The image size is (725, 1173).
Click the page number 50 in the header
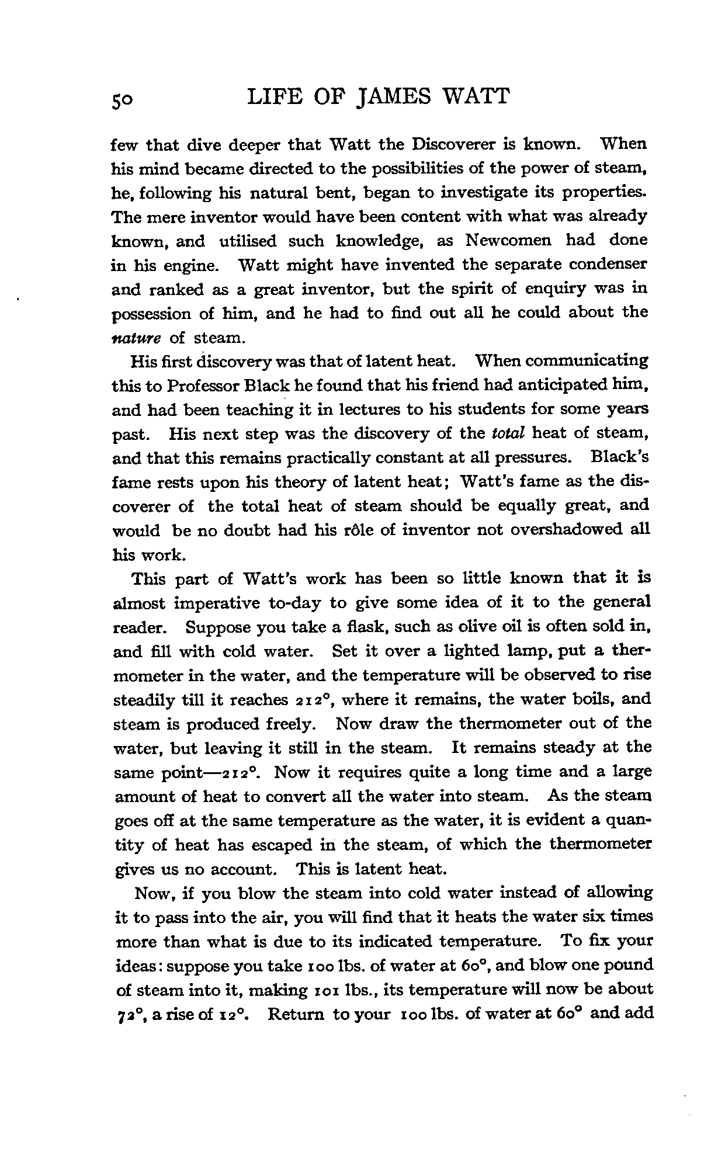pos(124,99)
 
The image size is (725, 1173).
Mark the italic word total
pos(506,433)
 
